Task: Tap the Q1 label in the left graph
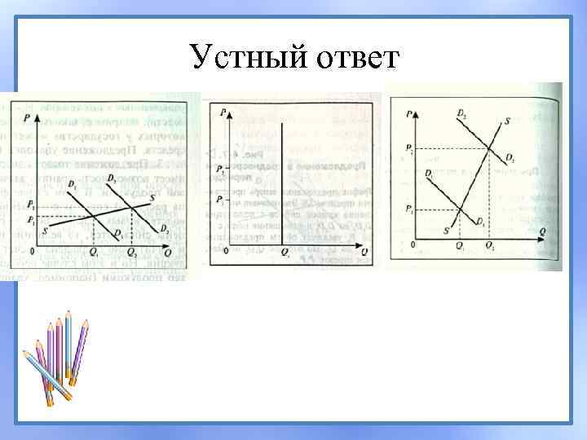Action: click(x=95, y=253)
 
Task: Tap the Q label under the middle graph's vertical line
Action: click(x=285, y=253)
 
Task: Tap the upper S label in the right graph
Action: click(x=508, y=121)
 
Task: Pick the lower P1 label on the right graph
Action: click(x=407, y=210)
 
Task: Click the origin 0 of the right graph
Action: click(x=413, y=244)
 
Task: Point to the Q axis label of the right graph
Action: click(x=542, y=231)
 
